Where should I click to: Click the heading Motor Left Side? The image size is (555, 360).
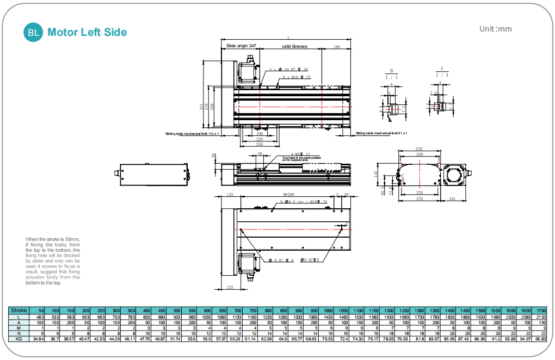87,33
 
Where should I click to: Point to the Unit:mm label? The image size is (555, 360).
495,29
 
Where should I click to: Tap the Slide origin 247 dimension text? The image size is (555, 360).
240,46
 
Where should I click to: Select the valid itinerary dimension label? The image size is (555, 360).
294,46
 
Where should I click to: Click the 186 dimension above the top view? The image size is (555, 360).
337,47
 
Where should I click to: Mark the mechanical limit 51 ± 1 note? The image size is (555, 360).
381,133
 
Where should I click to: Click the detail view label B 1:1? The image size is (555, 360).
391,74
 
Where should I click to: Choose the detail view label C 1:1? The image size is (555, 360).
442,72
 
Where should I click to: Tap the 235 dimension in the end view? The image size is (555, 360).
419,193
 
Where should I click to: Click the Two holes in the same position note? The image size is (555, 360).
294,159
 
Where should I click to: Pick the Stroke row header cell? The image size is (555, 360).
18,310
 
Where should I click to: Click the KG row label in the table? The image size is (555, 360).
18,338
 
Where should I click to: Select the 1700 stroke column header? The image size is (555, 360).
541,310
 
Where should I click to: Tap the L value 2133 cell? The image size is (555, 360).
541,317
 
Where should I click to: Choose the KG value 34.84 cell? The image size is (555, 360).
38,338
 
